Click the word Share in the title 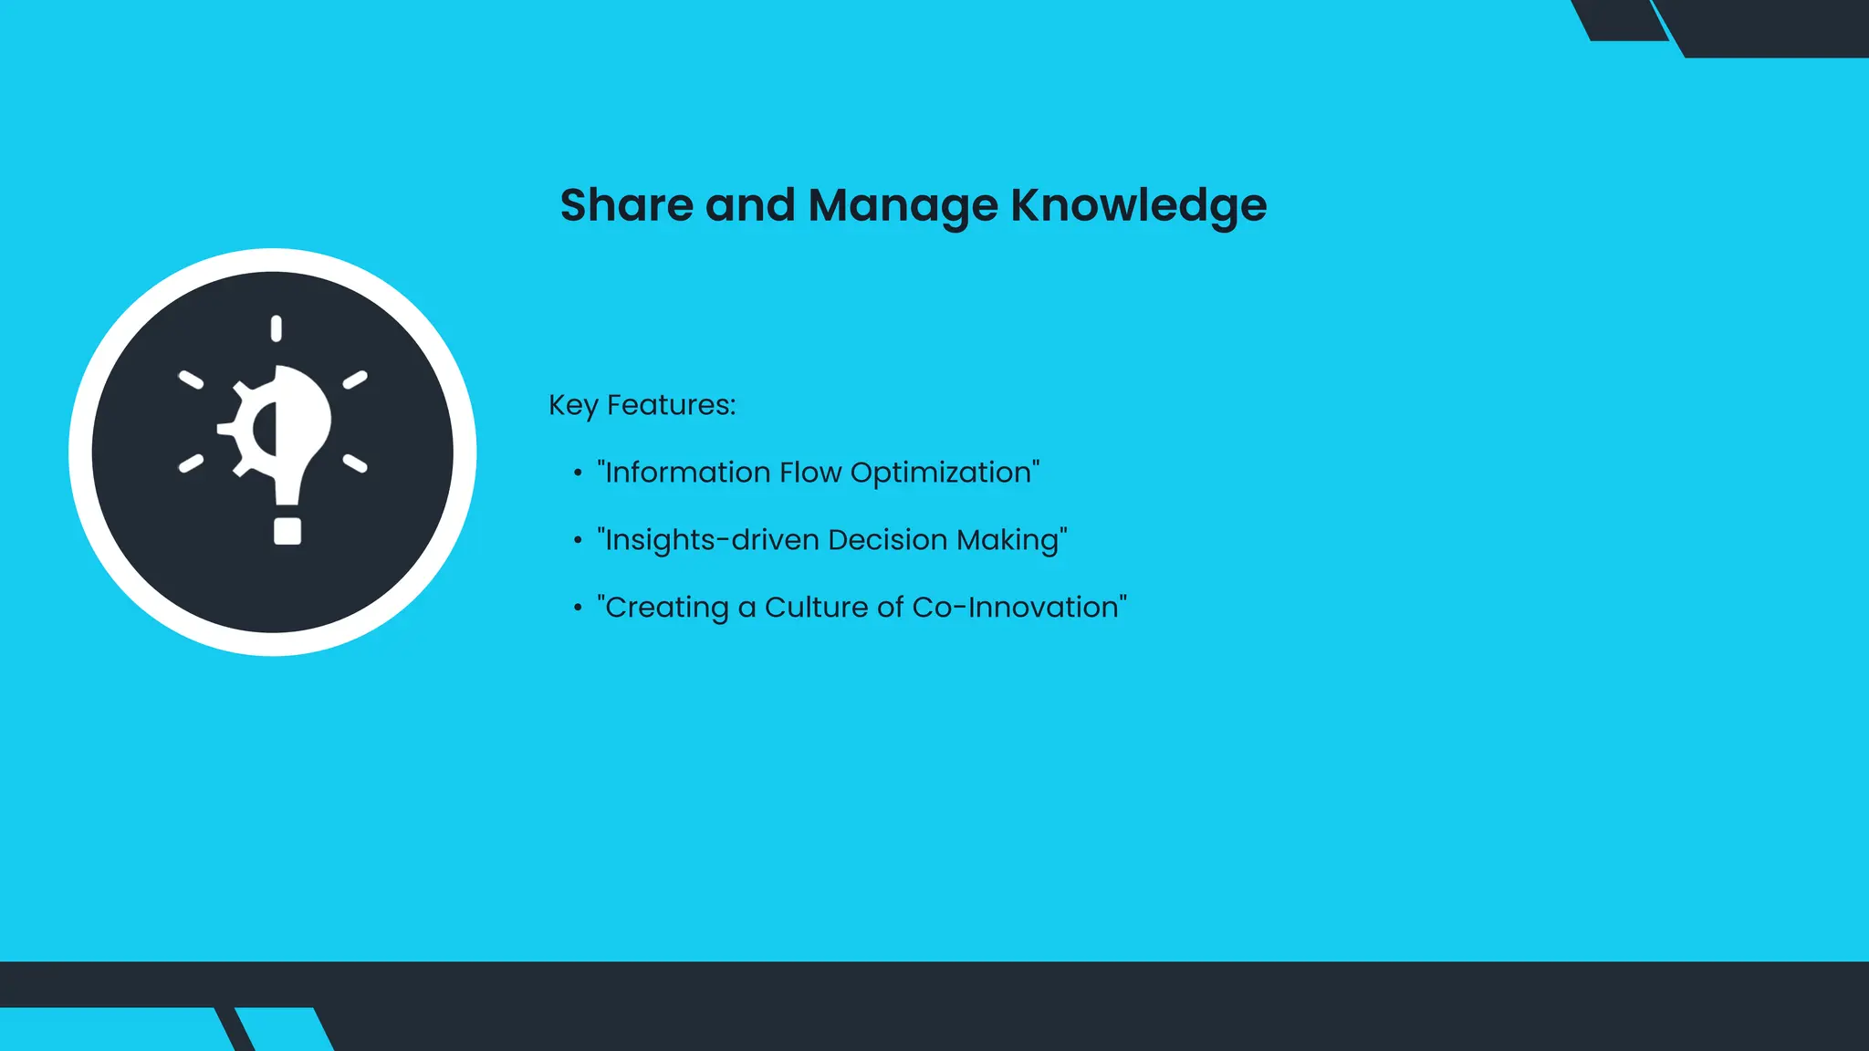[626, 204]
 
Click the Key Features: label [642, 405]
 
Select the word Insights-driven [712, 540]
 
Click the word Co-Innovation [1018, 608]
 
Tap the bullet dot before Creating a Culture [578, 609]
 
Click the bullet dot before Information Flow [578, 473]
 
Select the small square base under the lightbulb [287, 531]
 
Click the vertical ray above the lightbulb [277, 328]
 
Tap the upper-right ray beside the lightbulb [355, 380]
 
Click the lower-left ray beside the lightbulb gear [191, 463]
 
